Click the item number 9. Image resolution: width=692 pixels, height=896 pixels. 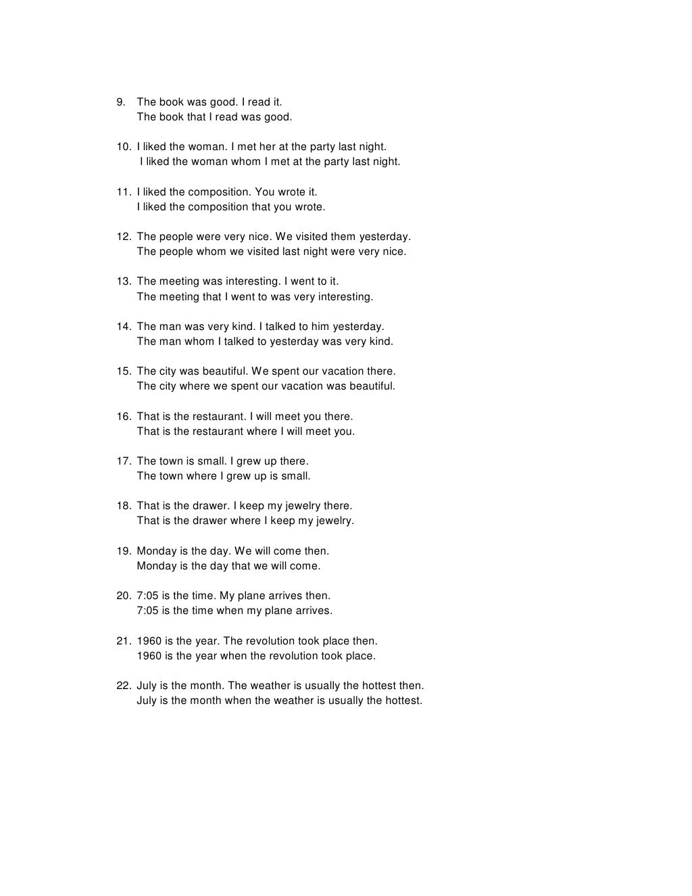coord(121,102)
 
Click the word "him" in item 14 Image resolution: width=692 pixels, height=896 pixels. coord(320,327)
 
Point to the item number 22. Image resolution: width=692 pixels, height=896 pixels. coord(123,686)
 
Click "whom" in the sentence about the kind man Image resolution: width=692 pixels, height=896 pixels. coord(199,341)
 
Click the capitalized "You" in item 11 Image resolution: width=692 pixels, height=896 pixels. coord(265,192)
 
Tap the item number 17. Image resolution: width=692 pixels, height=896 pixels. coord(123,461)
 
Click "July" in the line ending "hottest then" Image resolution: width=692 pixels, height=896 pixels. coord(147,686)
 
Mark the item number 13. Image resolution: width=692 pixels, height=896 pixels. coord(123,281)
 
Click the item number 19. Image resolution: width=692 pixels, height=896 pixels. coord(123,551)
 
